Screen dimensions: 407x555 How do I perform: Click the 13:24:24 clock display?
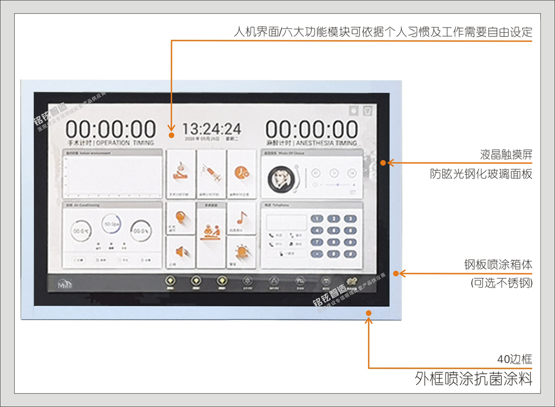tap(211, 128)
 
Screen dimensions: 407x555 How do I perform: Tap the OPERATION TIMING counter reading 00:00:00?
tap(110, 129)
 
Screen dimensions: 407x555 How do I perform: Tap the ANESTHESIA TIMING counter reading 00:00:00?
tap(312, 129)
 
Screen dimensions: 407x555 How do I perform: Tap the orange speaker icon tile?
tap(181, 252)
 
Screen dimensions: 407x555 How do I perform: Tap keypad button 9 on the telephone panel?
tap(348, 230)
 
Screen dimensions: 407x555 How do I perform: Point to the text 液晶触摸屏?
tap(506, 154)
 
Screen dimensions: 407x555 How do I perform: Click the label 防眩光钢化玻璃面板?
tap(481, 174)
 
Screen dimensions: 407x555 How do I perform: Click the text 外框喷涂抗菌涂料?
tap(474, 378)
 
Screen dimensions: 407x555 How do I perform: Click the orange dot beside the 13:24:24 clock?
tap(172, 135)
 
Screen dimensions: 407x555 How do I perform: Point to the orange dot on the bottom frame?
tap(369, 313)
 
